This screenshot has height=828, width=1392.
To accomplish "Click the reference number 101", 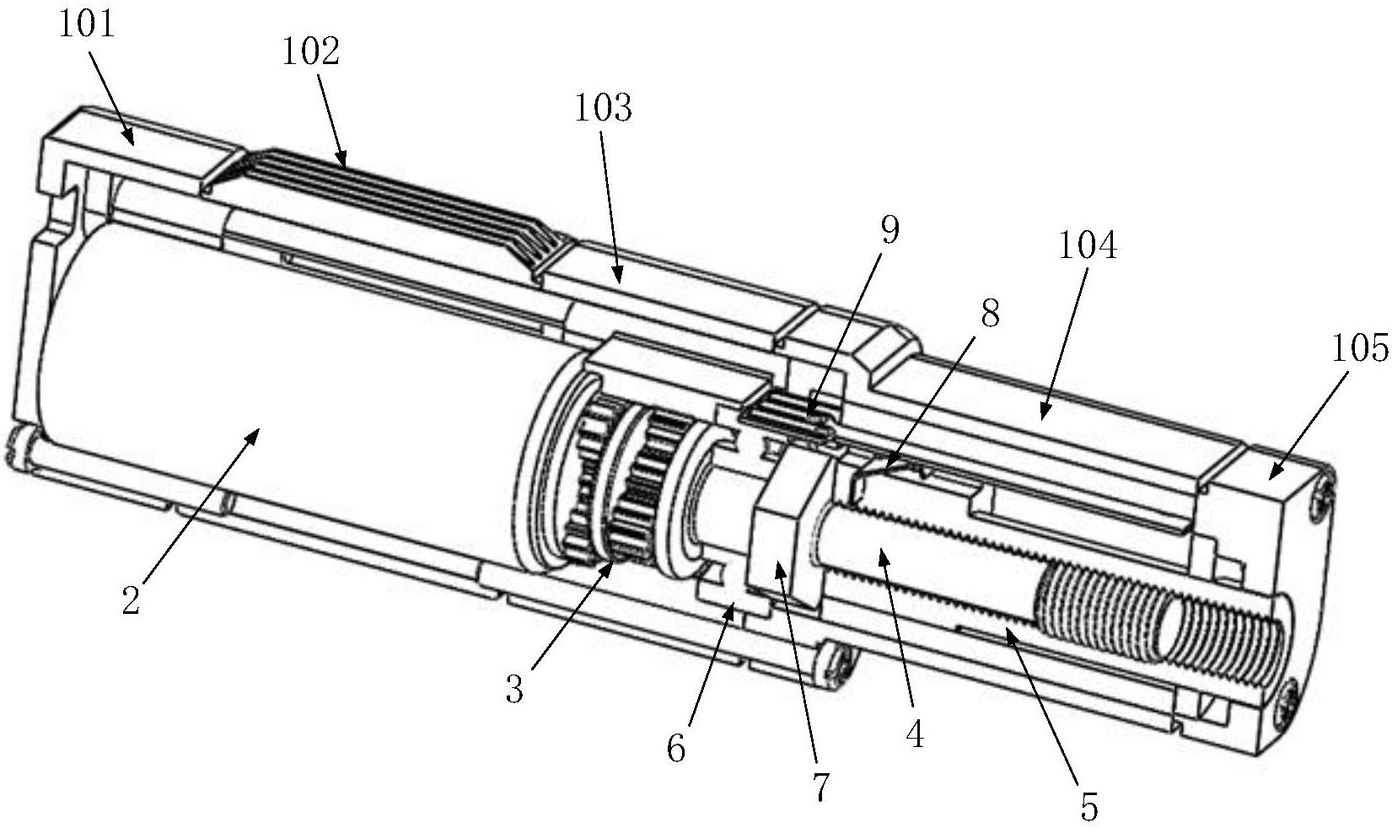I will [86, 24].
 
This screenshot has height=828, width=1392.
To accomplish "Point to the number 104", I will [1087, 245].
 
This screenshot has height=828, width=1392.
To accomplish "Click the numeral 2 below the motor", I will [130, 600].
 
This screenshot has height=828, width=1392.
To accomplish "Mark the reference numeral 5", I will [1089, 806].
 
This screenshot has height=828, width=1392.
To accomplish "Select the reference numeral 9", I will [889, 229].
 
